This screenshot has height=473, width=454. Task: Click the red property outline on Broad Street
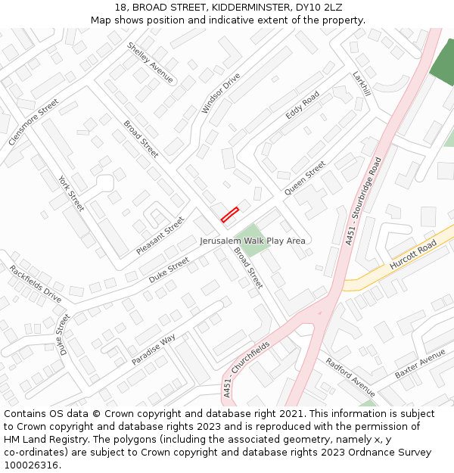coord(229,214)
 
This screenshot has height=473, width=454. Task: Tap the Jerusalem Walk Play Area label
coord(253,241)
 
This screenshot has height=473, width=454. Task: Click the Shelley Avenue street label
coord(150,62)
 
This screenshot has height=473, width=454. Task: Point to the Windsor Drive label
coord(221,92)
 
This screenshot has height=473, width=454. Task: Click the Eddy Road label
coord(303,104)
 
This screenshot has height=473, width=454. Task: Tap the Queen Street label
coord(304,178)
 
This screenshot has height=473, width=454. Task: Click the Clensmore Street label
coord(33,122)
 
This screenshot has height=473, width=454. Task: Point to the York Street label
coord(71,193)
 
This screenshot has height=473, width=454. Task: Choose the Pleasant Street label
coord(160,235)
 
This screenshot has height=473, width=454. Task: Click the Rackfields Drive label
coord(36,284)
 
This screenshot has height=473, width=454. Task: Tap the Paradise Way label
coord(154,349)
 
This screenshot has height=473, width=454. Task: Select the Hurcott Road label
coord(413,256)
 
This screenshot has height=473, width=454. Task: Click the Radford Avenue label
coord(350,376)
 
